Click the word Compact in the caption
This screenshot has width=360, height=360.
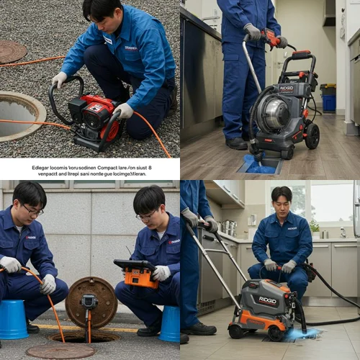click(x=107, y=167)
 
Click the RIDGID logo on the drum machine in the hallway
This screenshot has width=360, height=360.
click(x=287, y=88)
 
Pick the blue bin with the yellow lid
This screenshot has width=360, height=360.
click(x=328, y=97)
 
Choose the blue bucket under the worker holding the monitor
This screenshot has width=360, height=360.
click(x=170, y=324)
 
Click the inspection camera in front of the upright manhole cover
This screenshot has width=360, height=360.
click(x=89, y=301)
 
